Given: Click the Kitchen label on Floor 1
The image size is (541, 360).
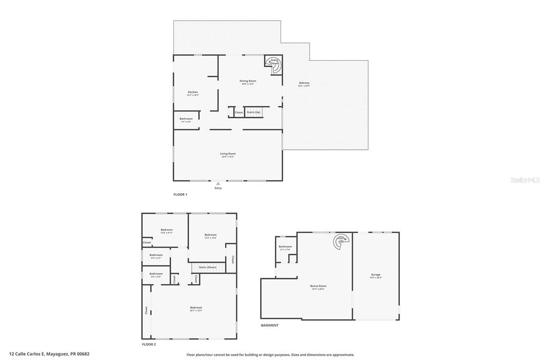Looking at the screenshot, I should click(193, 92).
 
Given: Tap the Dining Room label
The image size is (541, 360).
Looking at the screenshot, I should click(248, 81).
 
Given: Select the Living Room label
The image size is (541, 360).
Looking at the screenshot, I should click(228, 154).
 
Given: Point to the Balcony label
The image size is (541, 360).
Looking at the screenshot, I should click(304, 83).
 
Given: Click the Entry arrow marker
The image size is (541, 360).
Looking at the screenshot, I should click(218, 184).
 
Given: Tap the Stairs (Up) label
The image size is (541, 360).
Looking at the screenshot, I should click(254, 112).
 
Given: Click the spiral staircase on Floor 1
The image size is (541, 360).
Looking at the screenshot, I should click(274, 65).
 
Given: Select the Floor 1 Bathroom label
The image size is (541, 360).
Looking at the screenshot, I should click(186, 119).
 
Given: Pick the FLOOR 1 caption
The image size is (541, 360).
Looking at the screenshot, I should click(180, 195).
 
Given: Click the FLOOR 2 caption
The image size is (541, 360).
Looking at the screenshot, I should click(148, 344).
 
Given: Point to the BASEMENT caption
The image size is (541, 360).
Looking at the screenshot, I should click(269, 325).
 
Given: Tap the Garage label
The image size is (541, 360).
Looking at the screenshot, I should click(376, 274).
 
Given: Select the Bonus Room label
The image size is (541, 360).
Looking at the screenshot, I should click(318, 286).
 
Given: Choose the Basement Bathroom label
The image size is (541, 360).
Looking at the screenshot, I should click(285, 247).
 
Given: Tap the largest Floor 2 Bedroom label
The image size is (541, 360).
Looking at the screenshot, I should click(196, 308).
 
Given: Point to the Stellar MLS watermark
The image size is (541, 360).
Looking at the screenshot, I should click(524, 180).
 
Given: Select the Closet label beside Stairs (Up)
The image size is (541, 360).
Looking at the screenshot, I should click(239, 112).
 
